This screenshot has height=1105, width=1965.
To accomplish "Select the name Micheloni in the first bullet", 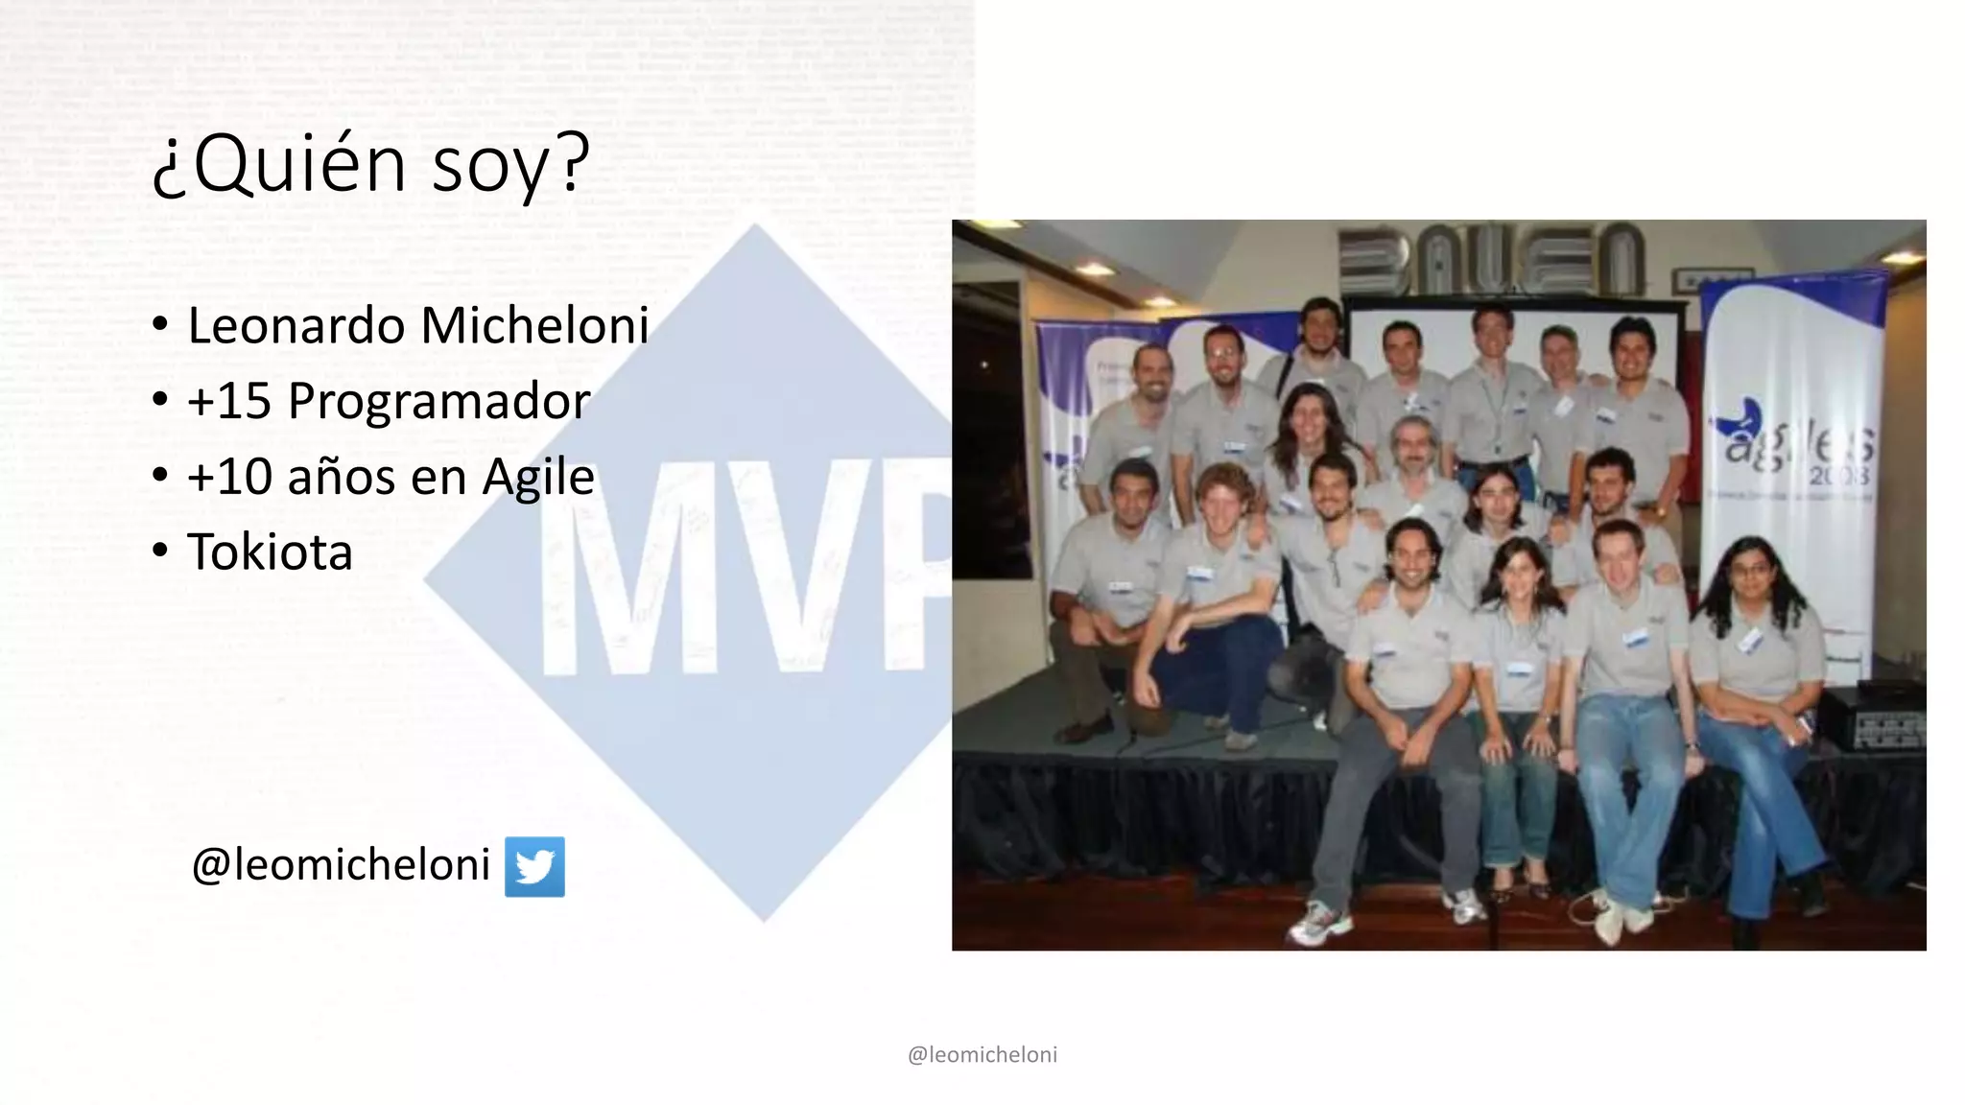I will click(x=535, y=325).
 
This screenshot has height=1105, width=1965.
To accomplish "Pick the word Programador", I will click(x=438, y=401).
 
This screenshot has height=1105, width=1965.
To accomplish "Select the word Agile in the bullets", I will click(x=537, y=477).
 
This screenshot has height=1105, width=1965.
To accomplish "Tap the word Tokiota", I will click(x=270, y=552).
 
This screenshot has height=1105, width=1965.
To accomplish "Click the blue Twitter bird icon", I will click(x=534, y=866).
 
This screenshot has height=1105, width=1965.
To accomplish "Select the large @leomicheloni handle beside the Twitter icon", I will click(x=341, y=864).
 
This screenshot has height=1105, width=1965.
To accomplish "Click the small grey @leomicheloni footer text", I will click(x=982, y=1054).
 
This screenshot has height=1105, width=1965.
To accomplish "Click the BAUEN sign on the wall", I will click(x=1493, y=259).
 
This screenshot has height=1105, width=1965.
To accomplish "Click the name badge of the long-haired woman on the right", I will click(x=1748, y=639).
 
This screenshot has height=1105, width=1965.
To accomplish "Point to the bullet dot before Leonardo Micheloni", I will click(x=160, y=323).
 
